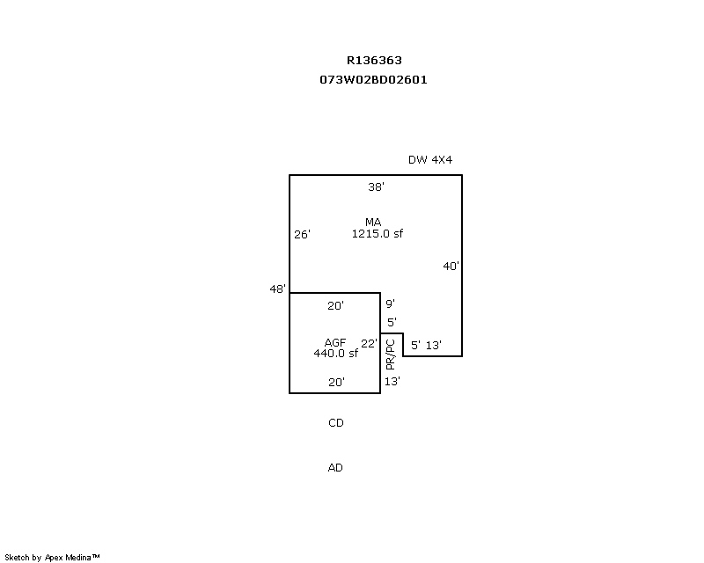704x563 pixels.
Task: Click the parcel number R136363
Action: (x=374, y=61)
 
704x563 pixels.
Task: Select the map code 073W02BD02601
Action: (x=374, y=79)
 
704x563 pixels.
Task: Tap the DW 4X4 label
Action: (x=429, y=160)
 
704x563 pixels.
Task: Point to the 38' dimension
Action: (x=376, y=187)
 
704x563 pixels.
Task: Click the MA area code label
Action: (x=373, y=222)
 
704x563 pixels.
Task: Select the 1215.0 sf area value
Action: (x=377, y=234)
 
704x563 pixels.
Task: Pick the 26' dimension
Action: (x=302, y=235)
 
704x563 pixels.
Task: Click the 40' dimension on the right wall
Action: (x=451, y=266)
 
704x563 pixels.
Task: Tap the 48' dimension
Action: (x=278, y=289)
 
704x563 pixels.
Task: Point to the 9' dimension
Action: (x=390, y=304)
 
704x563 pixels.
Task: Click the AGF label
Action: (x=335, y=342)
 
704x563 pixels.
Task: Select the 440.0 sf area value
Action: (x=335, y=354)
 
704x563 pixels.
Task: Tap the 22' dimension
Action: (x=369, y=343)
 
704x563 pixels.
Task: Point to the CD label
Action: (x=335, y=423)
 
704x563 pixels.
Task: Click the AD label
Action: (x=335, y=468)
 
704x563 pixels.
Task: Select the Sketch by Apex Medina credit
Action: (x=52, y=557)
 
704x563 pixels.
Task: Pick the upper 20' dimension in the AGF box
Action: (x=335, y=306)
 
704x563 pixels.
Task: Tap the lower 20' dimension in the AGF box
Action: (x=335, y=383)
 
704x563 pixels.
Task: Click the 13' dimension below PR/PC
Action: (x=392, y=382)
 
